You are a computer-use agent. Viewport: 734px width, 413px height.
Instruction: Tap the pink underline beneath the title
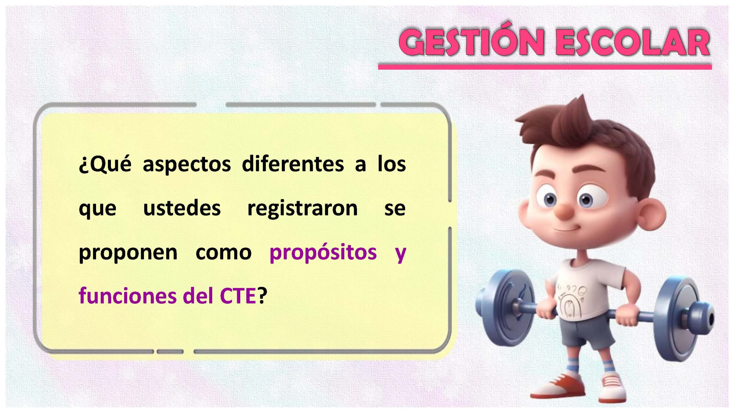pyautogui.click(x=545, y=67)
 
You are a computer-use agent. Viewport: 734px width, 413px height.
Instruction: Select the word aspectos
pyautogui.click(x=187, y=165)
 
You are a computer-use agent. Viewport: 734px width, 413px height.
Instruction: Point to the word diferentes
pyautogui.click(x=293, y=164)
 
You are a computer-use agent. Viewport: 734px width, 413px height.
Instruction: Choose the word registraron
pyautogui.click(x=302, y=209)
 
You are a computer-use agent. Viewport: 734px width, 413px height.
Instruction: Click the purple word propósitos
pyautogui.click(x=323, y=252)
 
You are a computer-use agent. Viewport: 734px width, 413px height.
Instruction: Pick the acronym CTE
pyautogui.click(x=238, y=296)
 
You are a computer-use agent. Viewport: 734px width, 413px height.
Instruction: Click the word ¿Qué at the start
pyautogui.click(x=105, y=165)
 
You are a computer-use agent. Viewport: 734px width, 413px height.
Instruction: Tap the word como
pyautogui.click(x=224, y=253)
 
